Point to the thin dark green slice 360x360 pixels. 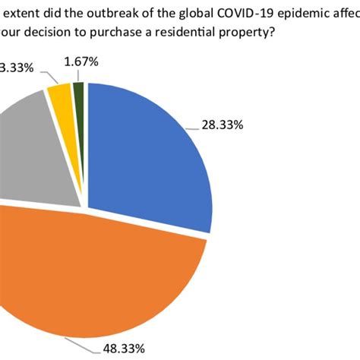pyautogui.click(x=77, y=91)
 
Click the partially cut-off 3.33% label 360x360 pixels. pyautogui.click(x=17, y=68)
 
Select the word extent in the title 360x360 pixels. pyautogui.click(x=21, y=14)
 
